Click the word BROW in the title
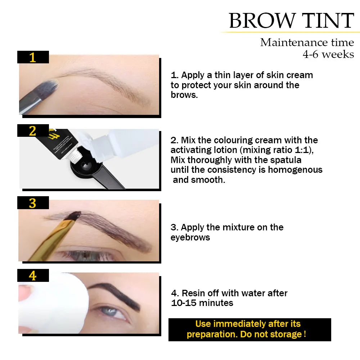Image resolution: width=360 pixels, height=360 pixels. tap(260, 21)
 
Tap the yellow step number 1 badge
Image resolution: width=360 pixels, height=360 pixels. tap(33, 57)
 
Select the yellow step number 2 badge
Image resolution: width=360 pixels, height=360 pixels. tap(33, 131)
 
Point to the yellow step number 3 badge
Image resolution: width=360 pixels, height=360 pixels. tap(33, 203)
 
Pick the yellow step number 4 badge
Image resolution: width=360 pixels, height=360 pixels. tap(33, 276)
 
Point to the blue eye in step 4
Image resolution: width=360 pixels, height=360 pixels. tap(114, 311)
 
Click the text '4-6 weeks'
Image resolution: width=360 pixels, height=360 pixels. tap(328, 54)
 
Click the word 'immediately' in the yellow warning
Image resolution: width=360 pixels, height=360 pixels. tap(238, 324)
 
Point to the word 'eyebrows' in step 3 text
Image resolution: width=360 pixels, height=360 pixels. tap(190, 237)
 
